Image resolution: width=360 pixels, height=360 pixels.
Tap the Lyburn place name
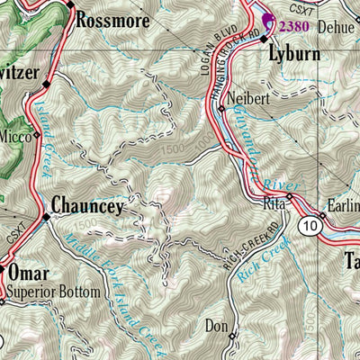click(x=296, y=54)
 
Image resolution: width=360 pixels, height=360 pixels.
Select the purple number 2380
click(x=295, y=27)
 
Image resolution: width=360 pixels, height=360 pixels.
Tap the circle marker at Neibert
click(x=221, y=109)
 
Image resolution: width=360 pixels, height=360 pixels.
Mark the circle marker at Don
click(x=231, y=337)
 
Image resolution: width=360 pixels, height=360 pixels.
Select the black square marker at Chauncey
click(x=47, y=216)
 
